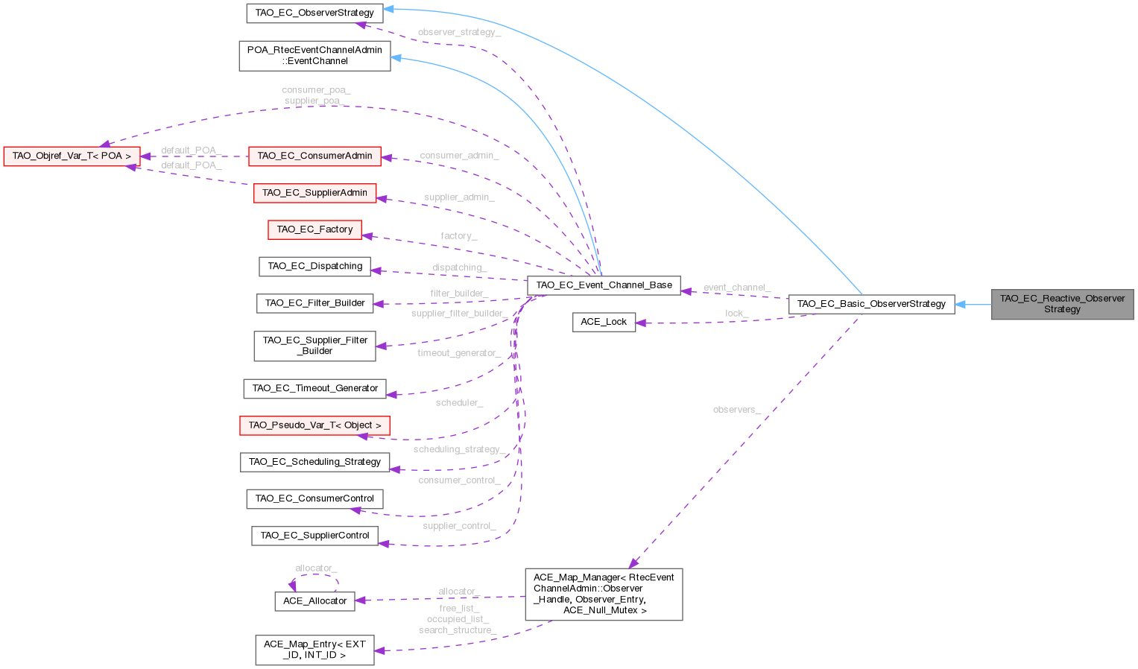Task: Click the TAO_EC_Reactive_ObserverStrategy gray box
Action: tap(1062, 304)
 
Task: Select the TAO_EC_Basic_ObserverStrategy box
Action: tap(871, 304)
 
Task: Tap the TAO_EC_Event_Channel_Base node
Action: tap(604, 285)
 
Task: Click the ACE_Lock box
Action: tap(604, 322)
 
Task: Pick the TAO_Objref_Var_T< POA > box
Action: tap(72, 156)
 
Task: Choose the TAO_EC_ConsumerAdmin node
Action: tap(314, 156)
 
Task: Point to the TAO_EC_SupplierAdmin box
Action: tap(314, 193)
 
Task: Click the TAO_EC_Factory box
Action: tap(314, 229)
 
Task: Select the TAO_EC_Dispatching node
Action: tap(314, 266)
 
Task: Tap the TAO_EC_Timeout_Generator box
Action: tap(314, 388)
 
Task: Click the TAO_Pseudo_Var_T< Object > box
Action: tap(314, 425)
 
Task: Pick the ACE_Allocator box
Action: tap(314, 601)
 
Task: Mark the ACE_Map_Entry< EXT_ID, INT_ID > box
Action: tap(314, 650)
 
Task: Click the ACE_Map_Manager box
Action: tap(604, 594)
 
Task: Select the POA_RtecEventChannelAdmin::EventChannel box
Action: tap(314, 56)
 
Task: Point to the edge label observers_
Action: tap(736, 410)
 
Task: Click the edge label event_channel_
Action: tap(736, 288)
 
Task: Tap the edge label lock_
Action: tap(736, 314)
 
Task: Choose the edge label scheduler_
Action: tap(459, 403)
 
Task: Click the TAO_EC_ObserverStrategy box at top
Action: tap(314, 13)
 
